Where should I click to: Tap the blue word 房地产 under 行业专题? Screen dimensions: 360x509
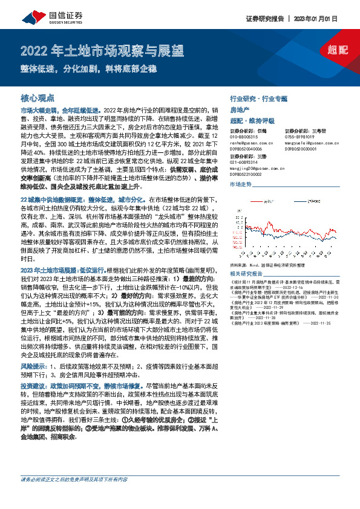pos(240,109)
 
